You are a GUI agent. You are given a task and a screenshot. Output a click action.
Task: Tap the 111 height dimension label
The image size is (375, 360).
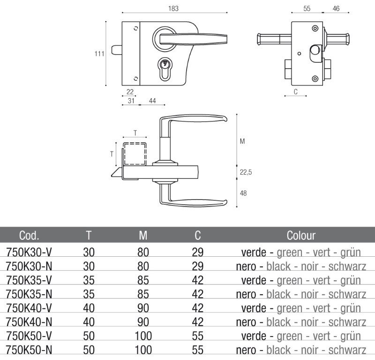coord(99,54)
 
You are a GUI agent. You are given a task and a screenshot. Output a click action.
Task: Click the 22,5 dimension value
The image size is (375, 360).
coord(246,172)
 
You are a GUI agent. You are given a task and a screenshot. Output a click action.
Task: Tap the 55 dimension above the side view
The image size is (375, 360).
coord(307,8)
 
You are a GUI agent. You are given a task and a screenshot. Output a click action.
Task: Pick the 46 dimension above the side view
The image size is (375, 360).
coord(336,8)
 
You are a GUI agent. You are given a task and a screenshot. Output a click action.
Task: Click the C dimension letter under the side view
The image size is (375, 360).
coord(295,92)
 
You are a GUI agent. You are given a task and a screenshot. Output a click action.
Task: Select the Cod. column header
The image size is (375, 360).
coord(29,235)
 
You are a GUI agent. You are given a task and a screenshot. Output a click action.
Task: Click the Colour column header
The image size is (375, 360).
coord(301,235)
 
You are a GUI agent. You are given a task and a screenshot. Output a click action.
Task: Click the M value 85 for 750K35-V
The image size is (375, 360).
coord(143,280)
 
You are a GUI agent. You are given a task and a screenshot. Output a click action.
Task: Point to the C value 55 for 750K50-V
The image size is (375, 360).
coord(198,336)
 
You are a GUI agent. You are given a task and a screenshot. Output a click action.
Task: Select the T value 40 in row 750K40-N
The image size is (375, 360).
coord(89,322)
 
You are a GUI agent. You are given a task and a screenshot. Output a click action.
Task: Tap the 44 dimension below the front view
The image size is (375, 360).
coord(153,101)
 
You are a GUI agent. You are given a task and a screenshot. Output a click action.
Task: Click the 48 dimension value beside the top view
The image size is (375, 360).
coord(243,193)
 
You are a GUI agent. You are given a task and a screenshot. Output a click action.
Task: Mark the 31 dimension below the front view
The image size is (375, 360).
coord(131,101)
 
